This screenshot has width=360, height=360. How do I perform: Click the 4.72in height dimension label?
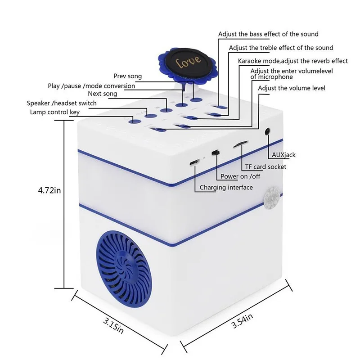pyautogui.click(x=49, y=190)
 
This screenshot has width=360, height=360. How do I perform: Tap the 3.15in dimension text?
pyautogui.click(x=113, y=326)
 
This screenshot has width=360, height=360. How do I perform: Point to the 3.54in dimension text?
pyautogui.click(x=242, y=320)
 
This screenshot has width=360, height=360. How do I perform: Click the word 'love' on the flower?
pyautogui.click(x=188, y=62)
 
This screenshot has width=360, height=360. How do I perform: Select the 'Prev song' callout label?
pyautogui.click(x=128, y=76)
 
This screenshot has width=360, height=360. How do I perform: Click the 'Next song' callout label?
pyautogui.click(x=103, y=94)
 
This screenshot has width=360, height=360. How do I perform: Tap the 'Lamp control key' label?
pyautogui.click(x=54, y=112)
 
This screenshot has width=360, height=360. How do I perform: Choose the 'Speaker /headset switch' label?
pyautogui.click(x=62, y=103)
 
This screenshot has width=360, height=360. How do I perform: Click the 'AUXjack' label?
pyautogui.click(x=283, y=155)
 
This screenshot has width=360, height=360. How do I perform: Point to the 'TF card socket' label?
pyautogui.click(x=265, y=166)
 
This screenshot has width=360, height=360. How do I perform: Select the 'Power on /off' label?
pyautogui.click(x=240, y=176)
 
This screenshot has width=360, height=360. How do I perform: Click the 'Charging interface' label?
pyautogui.click(x=226, y=188)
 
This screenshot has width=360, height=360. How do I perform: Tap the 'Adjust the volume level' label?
pyautogui.click(x=291, y=88)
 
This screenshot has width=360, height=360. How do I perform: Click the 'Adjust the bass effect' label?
pyautogui.click(x=268, y=34)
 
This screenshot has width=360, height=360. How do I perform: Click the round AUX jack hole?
pyautogui.click(x=267, y=131)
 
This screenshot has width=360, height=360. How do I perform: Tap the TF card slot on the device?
pyautogui.click(x=241, y=144)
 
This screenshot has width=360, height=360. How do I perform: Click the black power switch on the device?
pyautogui.click(x=216, y=153)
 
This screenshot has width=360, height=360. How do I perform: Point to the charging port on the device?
pyautogui.click(x=194, y=162)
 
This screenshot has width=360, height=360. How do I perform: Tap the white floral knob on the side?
pyautogui.click(x=272, y=198)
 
